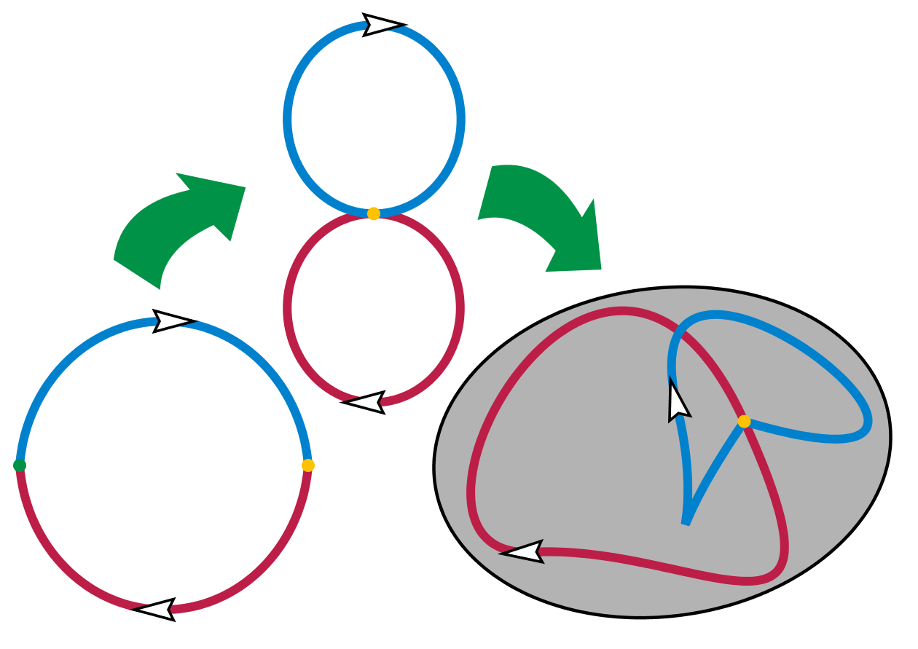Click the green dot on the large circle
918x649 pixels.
pos(20,465)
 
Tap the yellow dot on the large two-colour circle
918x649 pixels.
pos(307,465)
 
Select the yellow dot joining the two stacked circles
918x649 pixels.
pos(374,213)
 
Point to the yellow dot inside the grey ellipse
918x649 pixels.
pos(744,421)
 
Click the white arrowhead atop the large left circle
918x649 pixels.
pos(172,321)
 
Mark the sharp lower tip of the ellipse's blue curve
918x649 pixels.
pos(685,522)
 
